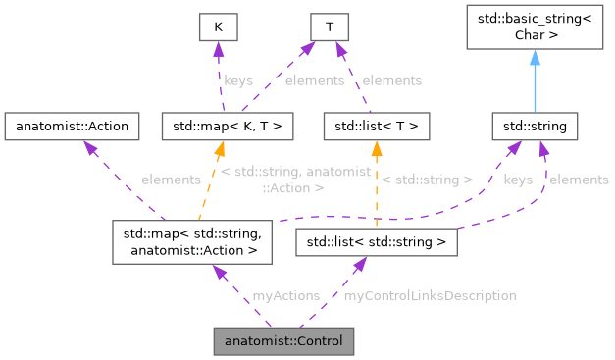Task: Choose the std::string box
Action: pyautogui.click(x=536, y=126)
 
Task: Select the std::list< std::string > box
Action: pyautogui.click(x=377, y=241)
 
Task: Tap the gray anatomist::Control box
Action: pyautogui.click(x=283, y=341)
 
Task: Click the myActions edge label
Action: pyautogui.click(x=285, y=295)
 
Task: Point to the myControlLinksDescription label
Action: pyautogui.click(x=430, y=295)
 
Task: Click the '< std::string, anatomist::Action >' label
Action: pyautogui.click(x=295, y=179)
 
